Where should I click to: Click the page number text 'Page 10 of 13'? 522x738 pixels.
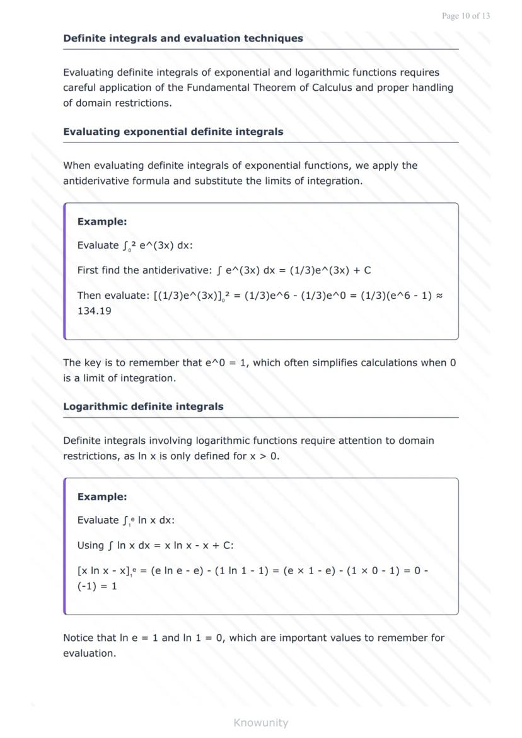466,16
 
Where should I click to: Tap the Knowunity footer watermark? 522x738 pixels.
260,722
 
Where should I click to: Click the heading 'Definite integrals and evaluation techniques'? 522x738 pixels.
183,38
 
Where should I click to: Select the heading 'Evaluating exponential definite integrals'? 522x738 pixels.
173,132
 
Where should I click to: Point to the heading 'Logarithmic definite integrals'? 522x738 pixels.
143,406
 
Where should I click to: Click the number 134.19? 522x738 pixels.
95,311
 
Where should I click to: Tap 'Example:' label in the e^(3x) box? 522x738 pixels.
102,222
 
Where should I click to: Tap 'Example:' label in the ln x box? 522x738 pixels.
102,497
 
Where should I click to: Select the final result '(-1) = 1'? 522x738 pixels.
97,586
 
